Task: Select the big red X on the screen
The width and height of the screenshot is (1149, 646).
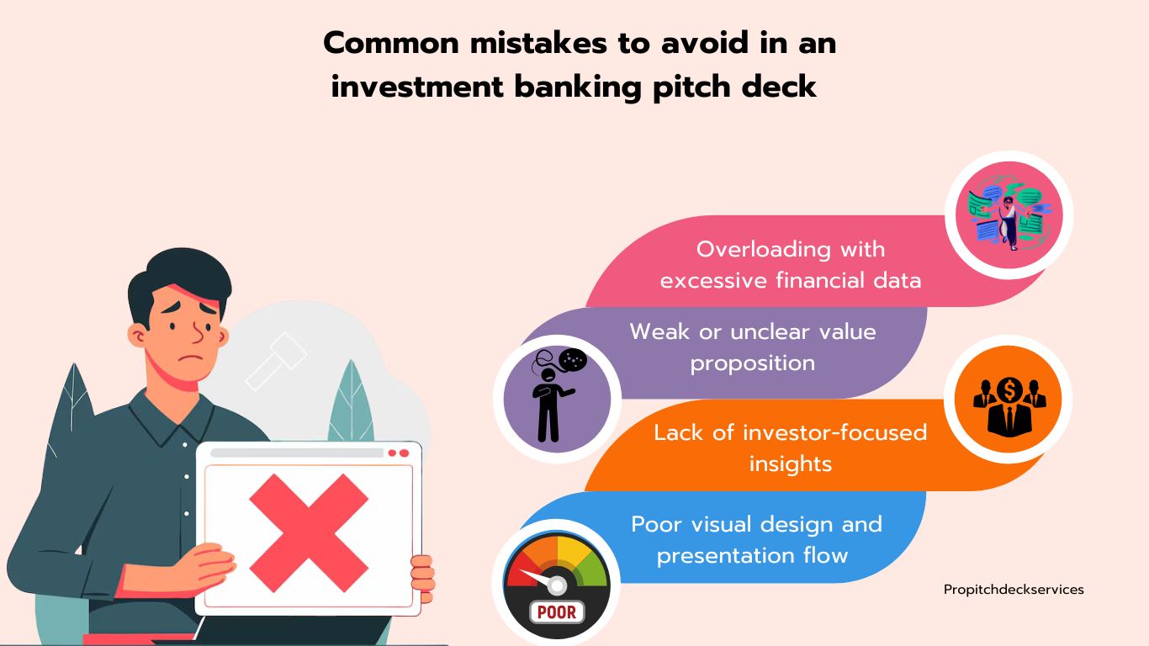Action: pyautogui.click(x=309, y=532)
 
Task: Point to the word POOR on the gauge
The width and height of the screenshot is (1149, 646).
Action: pyautogui.click(x=557, y=612)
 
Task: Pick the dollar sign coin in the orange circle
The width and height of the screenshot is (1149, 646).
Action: pyautogui.click(x=1009, y=390)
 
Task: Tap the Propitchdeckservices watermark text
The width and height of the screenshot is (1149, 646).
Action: pyautogui.click(x=1014, y=590)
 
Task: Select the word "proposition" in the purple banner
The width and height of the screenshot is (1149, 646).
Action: pyautogui.click(x=753, y=363)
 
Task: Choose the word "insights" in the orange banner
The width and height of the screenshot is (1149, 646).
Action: pyautogui.click(x=791, y=464)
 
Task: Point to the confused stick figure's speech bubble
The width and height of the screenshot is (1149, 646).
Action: pyautogui.click(x=573, y=360)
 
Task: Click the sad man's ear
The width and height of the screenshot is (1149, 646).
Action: pyautogui.click(x=137, y=336)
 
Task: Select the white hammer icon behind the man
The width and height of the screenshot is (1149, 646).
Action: pyautogui.click(x=275, y=361)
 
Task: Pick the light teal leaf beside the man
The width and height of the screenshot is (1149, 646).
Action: pyautogui.click(x=352, y=401)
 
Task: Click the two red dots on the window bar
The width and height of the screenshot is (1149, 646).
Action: pyautogui.click(x=399, y=453)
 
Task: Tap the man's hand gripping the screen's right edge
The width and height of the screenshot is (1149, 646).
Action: pyautogui.click(x=422, y=578)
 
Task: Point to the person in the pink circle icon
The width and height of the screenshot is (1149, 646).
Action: pyautogui.click(x=1009, y=223)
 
